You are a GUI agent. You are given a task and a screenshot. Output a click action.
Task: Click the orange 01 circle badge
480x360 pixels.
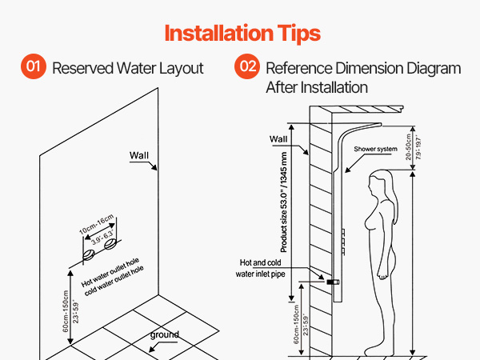click(x=34, y=66)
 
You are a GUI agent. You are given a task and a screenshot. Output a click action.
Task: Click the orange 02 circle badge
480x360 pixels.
click(x=247, y=66)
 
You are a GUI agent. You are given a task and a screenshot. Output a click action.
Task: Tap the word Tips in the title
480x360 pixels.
click(x=298, y=34)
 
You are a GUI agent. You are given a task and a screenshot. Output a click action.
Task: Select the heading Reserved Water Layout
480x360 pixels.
click(x=128, y=68)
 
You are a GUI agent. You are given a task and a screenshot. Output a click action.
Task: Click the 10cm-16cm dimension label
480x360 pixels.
click(x=97, y=224)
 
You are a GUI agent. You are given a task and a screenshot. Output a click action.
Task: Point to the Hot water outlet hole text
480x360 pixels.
click(x=110, y=273)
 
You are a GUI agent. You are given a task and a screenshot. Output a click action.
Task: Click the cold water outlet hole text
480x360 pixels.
click(x=114, y=281)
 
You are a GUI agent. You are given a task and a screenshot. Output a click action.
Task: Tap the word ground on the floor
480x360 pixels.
click(x=164, y=335)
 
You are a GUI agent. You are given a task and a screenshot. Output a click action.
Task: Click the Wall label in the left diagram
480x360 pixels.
click(x=139, y=155)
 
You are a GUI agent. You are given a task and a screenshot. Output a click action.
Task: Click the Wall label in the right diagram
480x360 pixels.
click(x=278, y=139)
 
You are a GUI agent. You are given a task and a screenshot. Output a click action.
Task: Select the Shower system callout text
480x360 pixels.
click(x=376, y=149)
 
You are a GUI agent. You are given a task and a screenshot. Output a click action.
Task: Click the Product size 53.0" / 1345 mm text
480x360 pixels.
click(x=284, y=202)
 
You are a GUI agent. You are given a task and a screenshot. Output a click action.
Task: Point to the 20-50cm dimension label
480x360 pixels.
click(x=408, y=147)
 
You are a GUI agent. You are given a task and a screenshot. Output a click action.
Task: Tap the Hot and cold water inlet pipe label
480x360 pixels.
click(x=260, y=268)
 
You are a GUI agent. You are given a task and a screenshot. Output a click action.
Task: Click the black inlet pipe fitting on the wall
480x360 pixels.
click(x=333, y=282)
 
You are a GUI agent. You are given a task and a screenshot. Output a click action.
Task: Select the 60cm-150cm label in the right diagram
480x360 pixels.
click(x=296, y=325)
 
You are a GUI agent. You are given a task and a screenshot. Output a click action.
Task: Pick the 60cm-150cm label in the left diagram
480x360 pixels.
click(x=66, y=311)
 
